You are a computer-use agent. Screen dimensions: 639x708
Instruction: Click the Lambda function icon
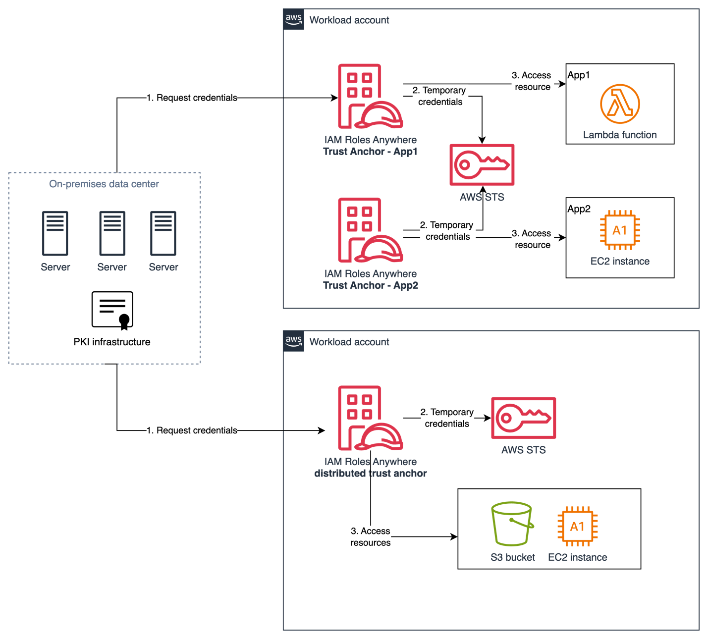620,104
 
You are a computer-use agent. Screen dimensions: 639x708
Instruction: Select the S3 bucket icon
512,524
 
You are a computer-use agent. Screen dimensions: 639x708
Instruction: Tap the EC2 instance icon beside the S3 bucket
577,527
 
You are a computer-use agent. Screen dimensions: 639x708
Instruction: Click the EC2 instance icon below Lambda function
620,230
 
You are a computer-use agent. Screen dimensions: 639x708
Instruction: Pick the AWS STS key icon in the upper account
482,165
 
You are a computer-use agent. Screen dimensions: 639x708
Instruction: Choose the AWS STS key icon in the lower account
523,418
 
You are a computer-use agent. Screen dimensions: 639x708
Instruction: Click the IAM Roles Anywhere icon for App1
370,97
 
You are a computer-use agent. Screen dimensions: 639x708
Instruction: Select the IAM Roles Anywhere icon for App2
370,230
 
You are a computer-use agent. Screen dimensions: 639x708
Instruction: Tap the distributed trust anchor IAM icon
370,418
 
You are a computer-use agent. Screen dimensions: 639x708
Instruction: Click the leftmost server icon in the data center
55,233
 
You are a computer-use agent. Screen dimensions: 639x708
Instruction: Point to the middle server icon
112,233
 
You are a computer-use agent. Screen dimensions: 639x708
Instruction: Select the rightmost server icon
163,233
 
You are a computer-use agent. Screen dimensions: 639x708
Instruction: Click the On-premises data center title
104,184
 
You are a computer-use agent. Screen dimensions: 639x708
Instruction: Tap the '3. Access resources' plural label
371,537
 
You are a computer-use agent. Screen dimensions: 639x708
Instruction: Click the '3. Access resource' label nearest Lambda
533,81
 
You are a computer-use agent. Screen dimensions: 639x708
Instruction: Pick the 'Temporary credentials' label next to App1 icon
440,96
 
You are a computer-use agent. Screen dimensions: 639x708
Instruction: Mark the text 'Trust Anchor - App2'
371,286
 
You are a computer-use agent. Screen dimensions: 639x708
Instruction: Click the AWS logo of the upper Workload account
293,20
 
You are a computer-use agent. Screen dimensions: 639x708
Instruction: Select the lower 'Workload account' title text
349,342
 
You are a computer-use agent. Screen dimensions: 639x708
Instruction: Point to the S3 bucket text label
513,558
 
